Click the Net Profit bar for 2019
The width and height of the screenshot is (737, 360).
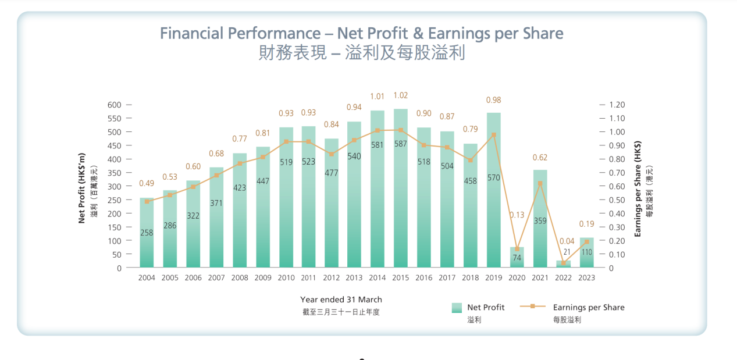click(493, 221)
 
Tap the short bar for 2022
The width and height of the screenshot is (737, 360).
click(563, 264)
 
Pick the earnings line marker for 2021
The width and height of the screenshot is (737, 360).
click(540, 183)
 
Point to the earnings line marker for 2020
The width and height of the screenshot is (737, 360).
click(517, 249)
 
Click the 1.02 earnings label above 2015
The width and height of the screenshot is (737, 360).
click(401, 95)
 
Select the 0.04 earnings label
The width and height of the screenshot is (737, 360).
click(567, 241)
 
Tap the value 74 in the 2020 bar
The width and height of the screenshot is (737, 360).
click(517, 258)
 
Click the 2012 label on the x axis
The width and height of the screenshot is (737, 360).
click(332, 278)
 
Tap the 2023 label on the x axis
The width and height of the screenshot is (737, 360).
click(586, 278)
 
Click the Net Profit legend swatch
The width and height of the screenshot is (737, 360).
click(457, 307)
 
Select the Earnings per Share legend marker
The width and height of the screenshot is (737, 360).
click(532, 306)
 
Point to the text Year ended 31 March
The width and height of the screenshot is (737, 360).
click(341, 300)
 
